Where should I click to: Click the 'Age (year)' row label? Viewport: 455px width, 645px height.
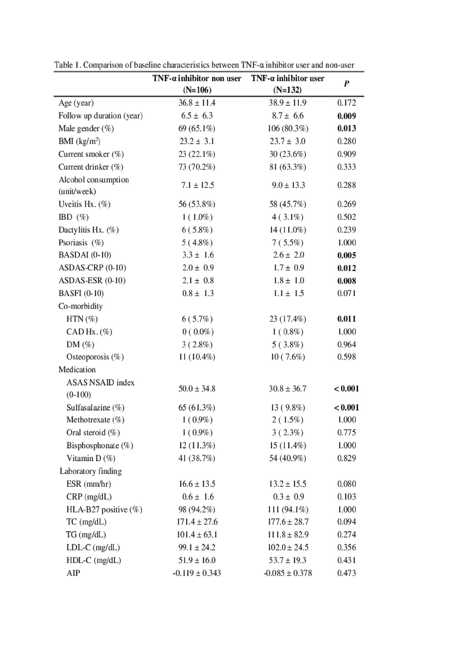click(x=76, y=103)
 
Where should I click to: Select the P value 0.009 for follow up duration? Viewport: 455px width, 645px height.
click(x=346, y=116)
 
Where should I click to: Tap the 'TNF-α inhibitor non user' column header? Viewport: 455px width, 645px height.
click(x=197, y=79)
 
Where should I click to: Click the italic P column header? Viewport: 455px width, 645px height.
click(x=346, y=84)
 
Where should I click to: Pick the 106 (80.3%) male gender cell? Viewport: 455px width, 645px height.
click(x=288, y=128)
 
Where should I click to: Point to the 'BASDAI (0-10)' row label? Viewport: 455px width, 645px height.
click(x=85, y=255)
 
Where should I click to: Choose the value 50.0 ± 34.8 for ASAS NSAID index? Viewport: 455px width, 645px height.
click(x=197, y=388)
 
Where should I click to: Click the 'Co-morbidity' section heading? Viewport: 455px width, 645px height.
click(x=80, y=306)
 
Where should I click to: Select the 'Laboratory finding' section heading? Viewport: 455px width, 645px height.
click(x=90, y=471)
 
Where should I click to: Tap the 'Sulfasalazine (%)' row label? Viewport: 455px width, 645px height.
click(x=95, y=408)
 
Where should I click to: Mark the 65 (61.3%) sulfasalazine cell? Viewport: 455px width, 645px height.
click(x=197, y=408)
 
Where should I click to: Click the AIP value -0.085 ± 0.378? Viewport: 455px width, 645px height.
click(x=288, y=573)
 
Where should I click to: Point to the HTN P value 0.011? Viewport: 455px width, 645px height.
click(x=346, y=319)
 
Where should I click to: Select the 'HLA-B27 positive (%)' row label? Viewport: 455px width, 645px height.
click(x=104, y=510)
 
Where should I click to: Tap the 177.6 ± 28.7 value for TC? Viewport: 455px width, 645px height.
click(x=288, y=522)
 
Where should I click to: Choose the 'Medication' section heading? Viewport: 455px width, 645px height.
click(x=77, y=370)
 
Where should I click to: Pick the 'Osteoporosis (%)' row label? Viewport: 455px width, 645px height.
click(x=95, y=357)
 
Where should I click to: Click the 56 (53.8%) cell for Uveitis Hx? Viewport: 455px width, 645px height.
click(x=197, y=204)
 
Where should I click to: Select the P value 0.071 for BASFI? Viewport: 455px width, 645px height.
click(x=346, y=294)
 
